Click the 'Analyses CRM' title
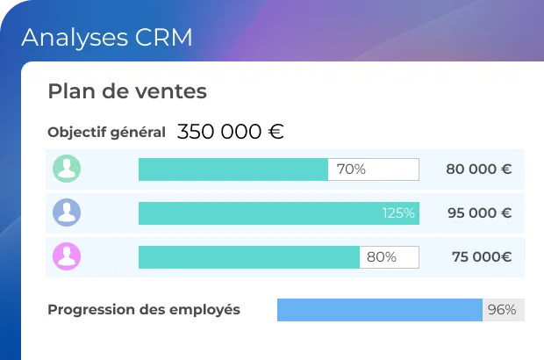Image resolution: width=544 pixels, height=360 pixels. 106,38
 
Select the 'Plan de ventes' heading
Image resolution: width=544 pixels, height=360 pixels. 127,90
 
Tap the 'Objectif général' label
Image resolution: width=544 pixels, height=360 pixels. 106,133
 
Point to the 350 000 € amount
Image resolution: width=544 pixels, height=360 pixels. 230,132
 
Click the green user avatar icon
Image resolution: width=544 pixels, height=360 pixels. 67,169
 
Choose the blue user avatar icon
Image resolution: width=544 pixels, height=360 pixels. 67,212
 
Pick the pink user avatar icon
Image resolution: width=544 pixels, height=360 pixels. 67,256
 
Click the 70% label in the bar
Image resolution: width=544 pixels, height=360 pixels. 351,169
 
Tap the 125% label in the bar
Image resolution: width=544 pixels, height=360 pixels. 398,213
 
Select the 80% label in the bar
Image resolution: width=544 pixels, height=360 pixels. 382,257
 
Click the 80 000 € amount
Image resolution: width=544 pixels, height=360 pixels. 478,169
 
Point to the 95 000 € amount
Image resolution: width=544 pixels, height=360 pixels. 478,213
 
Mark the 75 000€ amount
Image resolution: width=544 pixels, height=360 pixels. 482,257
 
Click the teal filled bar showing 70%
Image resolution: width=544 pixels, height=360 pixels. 233,169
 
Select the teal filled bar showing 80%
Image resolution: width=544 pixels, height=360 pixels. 248,257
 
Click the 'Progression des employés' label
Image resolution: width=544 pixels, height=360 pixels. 144,309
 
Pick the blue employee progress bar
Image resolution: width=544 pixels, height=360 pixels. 379,310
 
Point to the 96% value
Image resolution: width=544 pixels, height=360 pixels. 502,310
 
